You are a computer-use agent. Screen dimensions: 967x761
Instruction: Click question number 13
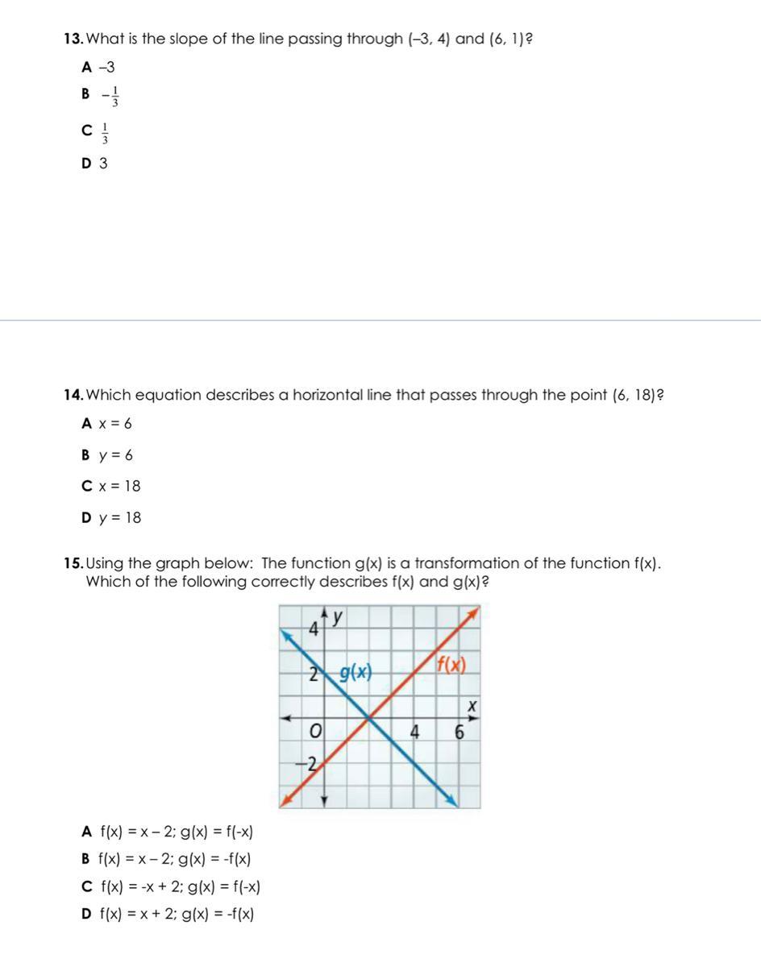pos(73,39)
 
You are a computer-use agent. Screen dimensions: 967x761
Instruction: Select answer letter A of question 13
pos(86,67)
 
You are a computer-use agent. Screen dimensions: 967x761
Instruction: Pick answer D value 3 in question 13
pos(103,164)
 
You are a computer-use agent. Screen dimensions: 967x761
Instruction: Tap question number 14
pos(73,395)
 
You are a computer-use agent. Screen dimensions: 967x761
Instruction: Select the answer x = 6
pos(115,424)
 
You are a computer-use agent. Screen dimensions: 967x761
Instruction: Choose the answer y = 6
pos(116,455)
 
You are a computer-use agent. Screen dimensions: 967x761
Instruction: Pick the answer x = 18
pos(119,487)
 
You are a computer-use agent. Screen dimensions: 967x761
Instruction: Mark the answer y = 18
pos(119,518)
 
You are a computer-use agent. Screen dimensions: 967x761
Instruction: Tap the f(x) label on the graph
pos(451,666)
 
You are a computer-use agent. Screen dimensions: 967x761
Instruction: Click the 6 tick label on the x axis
pos(460,733)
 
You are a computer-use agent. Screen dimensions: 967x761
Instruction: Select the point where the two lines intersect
pos(369,717)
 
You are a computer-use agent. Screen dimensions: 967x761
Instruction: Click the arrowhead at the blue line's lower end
pos(452,801)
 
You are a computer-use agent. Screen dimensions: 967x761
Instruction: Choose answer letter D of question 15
pos(86,914)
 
